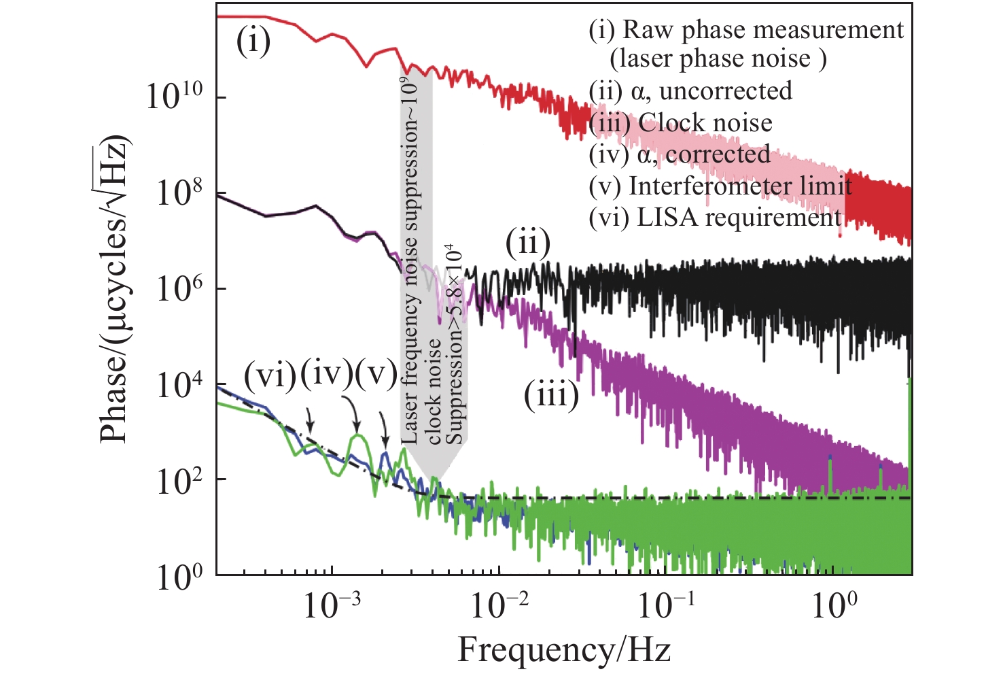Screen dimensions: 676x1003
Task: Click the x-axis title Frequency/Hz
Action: (x=564, y=649)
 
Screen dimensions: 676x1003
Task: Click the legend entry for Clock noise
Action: (x=681, y=123)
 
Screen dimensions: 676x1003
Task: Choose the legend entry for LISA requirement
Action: (x=716, y=218)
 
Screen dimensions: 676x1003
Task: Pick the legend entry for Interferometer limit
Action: (x=720, y=186)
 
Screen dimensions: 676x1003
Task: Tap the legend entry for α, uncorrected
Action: (x=690, y=91)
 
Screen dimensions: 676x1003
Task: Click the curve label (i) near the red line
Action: (x=253, y=42)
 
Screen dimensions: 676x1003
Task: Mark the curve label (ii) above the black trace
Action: (x=527, y=243)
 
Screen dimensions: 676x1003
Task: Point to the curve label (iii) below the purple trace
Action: (x=551, y=395)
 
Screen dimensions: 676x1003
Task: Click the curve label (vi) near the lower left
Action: (x=270, y=375)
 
